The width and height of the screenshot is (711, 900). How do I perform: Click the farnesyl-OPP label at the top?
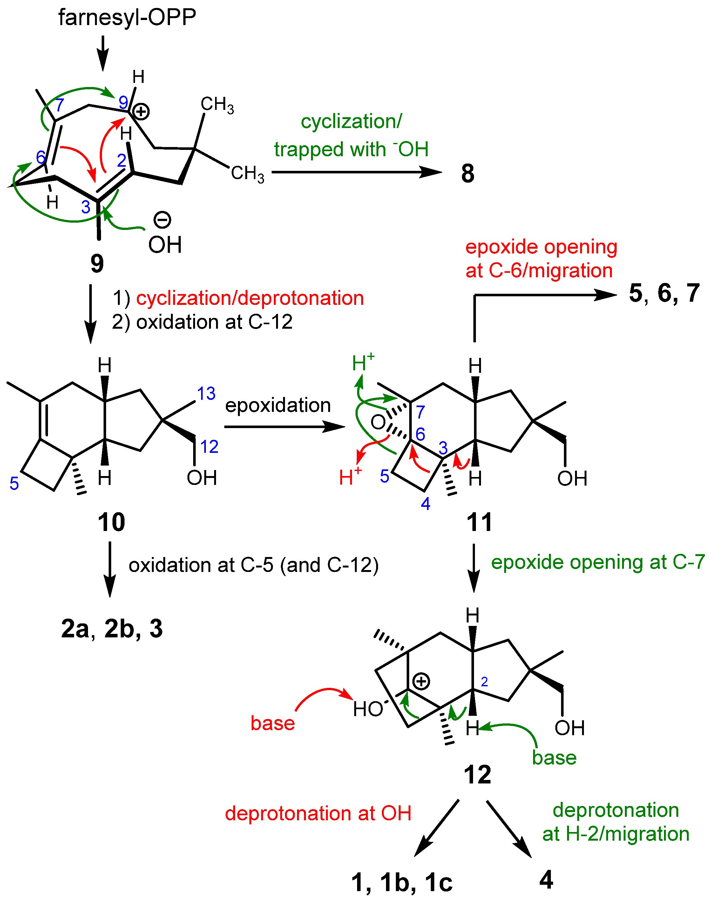[127, 18]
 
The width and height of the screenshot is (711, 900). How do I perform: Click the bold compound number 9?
[97, 263]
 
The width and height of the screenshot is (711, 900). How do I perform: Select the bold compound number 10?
[111, 522]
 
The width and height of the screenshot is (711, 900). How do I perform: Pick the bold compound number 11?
[479, 522]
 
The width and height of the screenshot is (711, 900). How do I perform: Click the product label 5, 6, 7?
[664, 293]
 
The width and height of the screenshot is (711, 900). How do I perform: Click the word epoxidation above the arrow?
[278, 405]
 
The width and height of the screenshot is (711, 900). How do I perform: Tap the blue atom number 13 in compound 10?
[206, 393]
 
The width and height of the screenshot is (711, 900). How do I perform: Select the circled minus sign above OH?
[162, 219]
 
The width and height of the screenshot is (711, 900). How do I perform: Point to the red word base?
[273, 723]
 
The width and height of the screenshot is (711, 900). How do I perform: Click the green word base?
[554, 758]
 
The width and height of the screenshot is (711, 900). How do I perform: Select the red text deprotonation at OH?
[318, 813]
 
